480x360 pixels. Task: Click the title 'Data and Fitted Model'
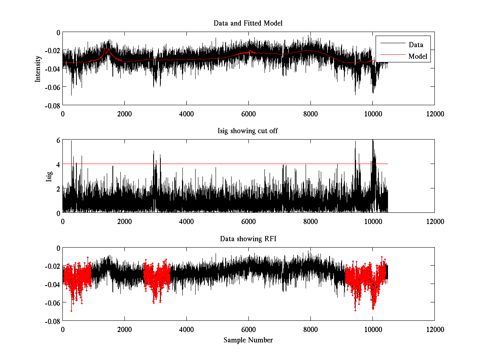coord(248,23)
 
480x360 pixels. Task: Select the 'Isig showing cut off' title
coord(248,131)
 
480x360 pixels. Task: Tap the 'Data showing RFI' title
coord(248,239)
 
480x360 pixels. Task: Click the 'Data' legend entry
coord(416,45)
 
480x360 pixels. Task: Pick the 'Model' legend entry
coord(418,57)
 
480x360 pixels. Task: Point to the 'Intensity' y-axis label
coord(38,68)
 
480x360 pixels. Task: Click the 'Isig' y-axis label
coord(49,176)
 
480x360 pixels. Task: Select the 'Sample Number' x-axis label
coord(248,340)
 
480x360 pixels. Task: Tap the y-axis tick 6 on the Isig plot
coord(58,140)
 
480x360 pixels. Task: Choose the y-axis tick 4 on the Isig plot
coord(58,164)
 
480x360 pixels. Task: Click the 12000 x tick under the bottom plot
coord(434,329)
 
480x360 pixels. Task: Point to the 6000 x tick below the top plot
coord(248,114)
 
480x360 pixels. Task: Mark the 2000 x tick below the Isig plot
coord(124,221)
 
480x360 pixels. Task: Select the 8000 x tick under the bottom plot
coord(310,329)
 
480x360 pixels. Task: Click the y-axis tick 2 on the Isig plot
coord(58,188)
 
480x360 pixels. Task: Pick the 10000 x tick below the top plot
coord(372,114)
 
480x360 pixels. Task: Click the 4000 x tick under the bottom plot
coord(186,329)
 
